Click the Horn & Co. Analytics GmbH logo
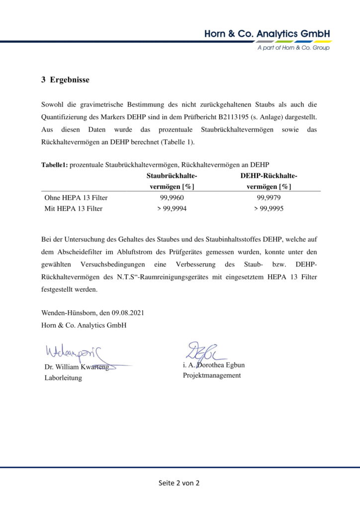click(267, 34)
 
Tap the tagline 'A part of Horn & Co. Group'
click(293, 48)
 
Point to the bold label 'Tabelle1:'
click(54, 165)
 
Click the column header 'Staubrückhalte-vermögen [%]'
click(172, 181)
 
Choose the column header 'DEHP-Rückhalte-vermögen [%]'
click(269, 181)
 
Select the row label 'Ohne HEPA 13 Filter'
click(76, 198)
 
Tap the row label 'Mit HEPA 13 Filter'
click(74, 209)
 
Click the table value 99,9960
click(172, 198)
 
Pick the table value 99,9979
click(269, 198)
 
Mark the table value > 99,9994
click(172, 209)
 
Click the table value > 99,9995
click(269, 209)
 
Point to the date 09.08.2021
click(128, 313)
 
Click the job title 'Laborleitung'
click(63, 378)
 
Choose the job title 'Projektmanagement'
click(212, 375)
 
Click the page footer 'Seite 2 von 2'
click(179, 483)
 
